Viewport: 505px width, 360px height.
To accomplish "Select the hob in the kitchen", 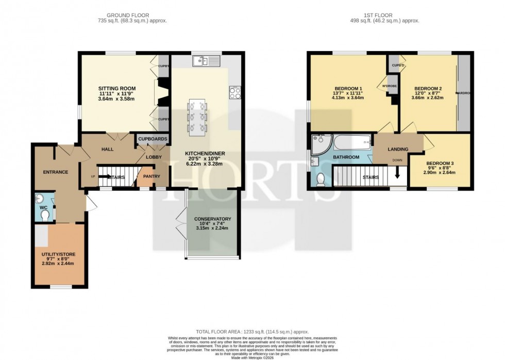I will [234, 93].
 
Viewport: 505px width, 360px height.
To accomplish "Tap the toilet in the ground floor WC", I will [45, 215].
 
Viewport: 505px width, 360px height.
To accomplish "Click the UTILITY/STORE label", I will [58, 254].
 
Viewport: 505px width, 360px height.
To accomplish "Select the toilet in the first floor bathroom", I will [321, 180].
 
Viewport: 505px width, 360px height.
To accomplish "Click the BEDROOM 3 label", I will [440, 164].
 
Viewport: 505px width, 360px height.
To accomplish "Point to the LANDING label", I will [398, 150].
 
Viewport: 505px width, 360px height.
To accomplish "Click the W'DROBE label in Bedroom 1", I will [389, 86].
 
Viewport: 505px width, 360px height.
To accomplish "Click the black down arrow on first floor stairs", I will [397, 177].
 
